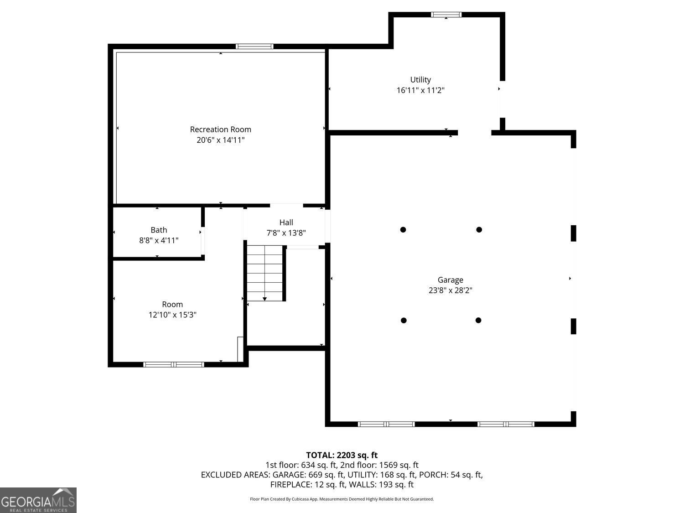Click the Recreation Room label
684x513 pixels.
coord(221,130)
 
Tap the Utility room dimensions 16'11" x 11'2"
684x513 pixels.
coord(420,90)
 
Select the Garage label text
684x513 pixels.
coord(451,280)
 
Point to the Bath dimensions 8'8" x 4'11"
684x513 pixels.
coord(159,240)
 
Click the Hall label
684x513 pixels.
coord(286,223)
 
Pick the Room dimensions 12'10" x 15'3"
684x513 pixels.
coord(172,315)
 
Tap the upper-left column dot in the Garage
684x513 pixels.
coord(403,229)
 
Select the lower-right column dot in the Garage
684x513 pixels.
coord(478,320)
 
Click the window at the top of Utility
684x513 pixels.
coord(446,15)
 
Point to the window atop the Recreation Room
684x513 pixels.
coord(254,46)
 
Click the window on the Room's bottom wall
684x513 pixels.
coord(174,364)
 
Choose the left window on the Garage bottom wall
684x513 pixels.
coord(386,424)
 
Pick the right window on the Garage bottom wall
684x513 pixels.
coord(506,424)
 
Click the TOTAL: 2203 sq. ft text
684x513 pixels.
coord(342,455)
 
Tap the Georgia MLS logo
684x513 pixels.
coord(38,500)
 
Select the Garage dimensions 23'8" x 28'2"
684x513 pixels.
coord(451,290)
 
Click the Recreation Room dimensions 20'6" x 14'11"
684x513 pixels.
coord(221,140)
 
